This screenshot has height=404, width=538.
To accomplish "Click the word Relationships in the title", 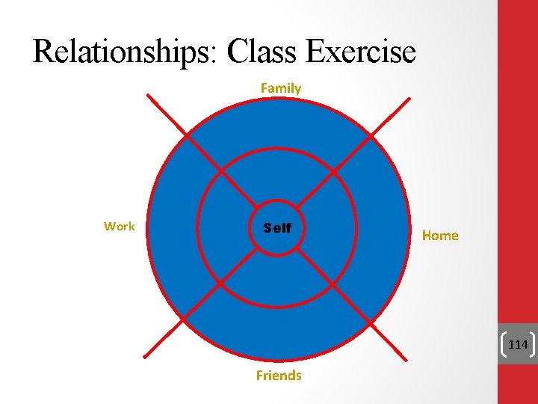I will (124, 52).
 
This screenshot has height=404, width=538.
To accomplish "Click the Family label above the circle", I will (281, 88).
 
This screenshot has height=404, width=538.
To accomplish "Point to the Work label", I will (120, 226).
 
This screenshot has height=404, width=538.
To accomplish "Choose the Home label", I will (440, 236).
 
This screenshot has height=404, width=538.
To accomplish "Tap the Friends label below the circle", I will (279, 376).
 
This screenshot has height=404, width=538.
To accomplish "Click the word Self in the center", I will (277, 228).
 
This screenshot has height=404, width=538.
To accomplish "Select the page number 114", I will (518, 345).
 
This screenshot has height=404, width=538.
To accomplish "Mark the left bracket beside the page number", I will (504, 344).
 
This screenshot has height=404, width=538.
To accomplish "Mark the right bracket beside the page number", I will (533, 344).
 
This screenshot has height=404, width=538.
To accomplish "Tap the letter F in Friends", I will (259, 376).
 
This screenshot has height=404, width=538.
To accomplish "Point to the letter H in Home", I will (427, 236).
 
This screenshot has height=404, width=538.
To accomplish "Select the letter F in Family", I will (264, 88).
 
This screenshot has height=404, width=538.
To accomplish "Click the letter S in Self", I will (268, 228).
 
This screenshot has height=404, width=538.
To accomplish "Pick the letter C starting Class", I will (238, 52).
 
